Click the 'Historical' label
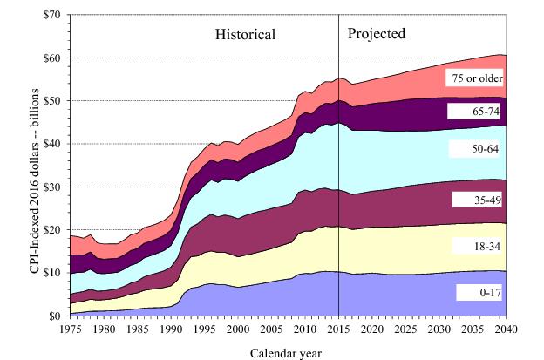coord(246,35)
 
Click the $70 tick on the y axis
coord(49,15)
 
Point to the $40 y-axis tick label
coord(49,144)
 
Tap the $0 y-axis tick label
coord(52,316)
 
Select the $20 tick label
coord(49,229)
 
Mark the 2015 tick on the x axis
coord(338,329)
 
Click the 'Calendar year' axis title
coord(287,352)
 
